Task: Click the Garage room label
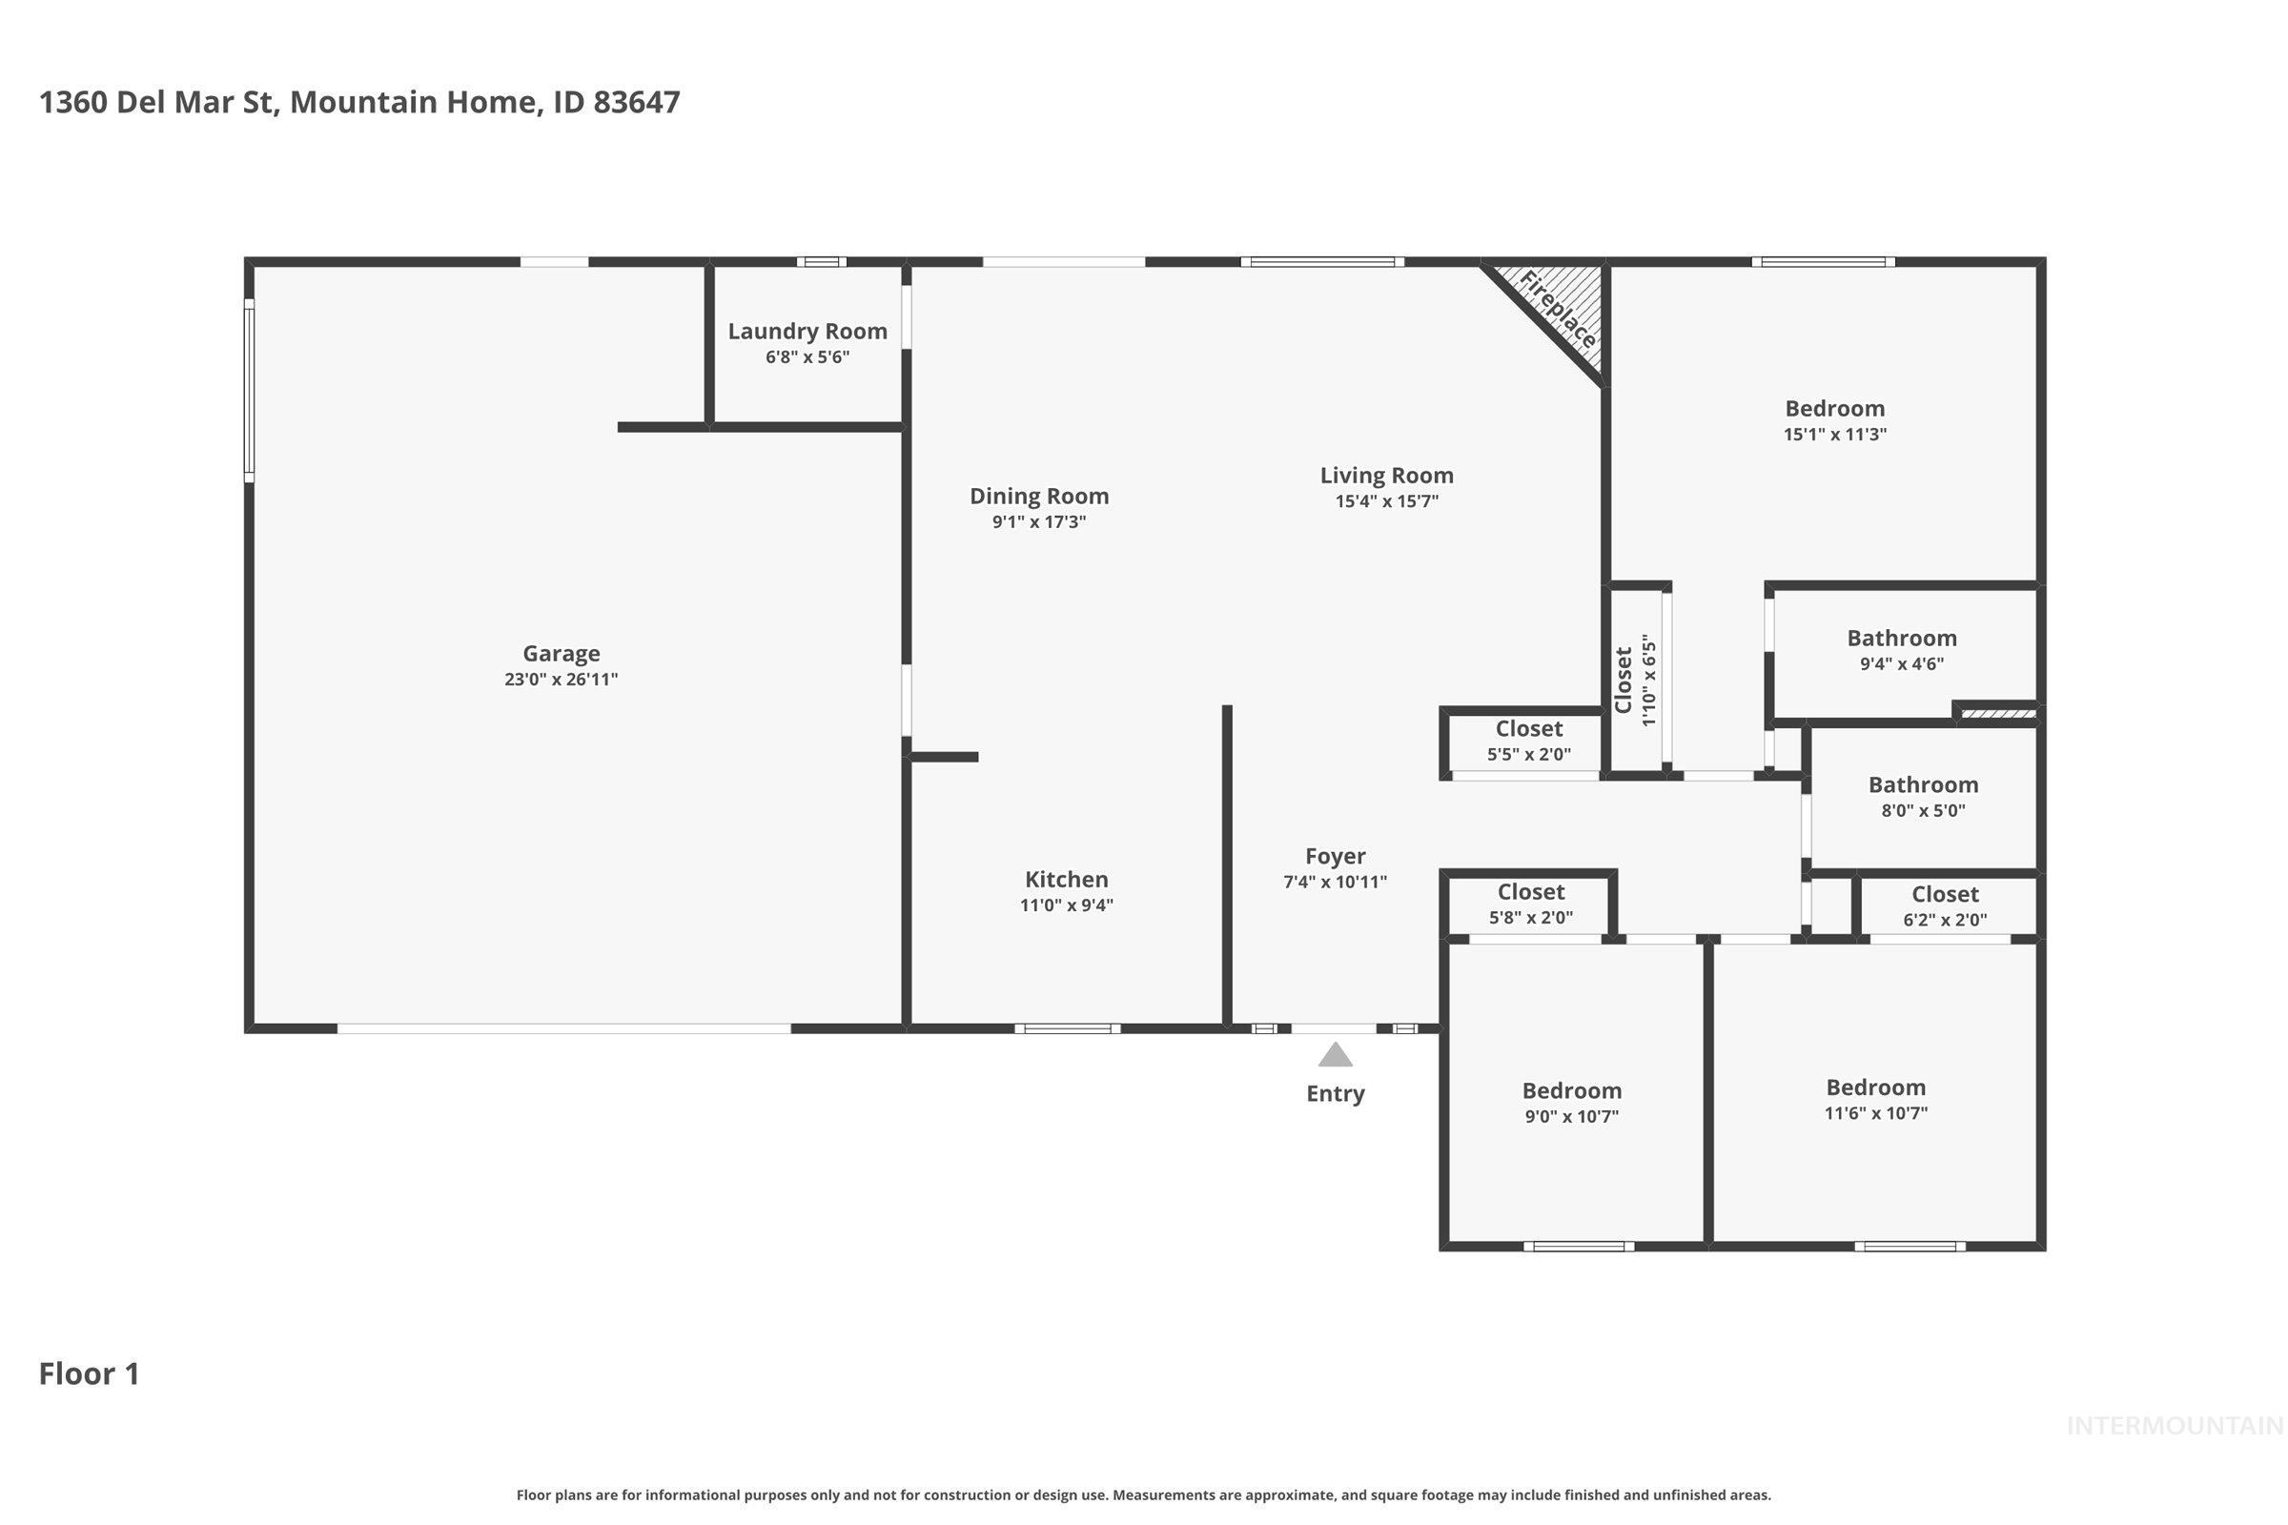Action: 561,654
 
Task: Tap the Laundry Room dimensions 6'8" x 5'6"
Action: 807,356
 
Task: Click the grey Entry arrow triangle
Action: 1335,1055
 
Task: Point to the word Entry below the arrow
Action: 1335,1093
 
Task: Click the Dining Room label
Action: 1039,496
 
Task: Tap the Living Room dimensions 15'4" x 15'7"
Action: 1386,501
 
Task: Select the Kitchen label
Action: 1066,879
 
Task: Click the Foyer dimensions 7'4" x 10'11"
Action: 1335,883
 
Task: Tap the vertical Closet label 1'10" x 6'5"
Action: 1634,681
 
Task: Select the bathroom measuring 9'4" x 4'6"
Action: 1901,651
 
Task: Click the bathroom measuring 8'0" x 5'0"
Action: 1922,797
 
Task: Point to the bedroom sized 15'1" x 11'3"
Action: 1833,420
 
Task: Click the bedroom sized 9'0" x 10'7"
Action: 1571,1103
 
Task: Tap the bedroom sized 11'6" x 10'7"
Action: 1874,1100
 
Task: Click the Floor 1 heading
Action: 90,1373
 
